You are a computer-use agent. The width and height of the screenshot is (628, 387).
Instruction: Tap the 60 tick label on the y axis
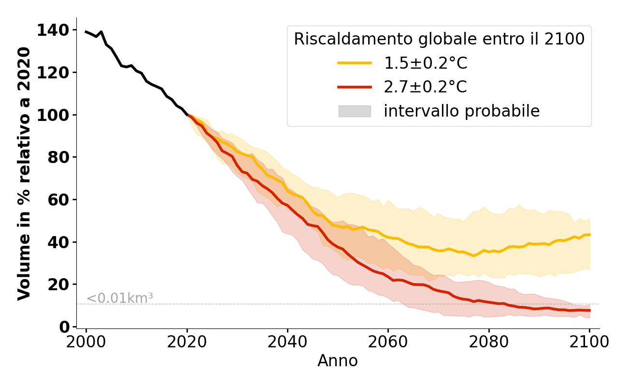(59, 200)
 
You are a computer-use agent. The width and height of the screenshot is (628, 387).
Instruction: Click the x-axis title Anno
(338, 361)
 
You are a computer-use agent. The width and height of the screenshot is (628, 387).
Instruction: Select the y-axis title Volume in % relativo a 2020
(24, 173)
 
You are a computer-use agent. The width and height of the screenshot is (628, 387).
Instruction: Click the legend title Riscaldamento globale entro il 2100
(439, 39)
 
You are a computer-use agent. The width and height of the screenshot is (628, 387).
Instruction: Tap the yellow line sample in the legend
(355, 63)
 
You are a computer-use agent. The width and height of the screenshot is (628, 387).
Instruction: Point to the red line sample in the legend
(355, 87)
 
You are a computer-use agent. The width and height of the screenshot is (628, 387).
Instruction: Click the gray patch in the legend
(355, 111)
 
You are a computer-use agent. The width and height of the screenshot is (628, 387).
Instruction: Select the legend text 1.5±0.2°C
(426, 63)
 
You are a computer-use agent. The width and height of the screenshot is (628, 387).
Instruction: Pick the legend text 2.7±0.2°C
(426, 87)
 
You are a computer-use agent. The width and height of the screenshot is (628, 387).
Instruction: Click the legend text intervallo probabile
(461, 111)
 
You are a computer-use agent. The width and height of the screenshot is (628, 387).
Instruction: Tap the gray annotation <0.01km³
(120, 298)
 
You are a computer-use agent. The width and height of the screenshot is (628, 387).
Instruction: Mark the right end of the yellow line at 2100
(589, 235)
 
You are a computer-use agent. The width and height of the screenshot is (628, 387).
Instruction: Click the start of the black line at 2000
(86, 32)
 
